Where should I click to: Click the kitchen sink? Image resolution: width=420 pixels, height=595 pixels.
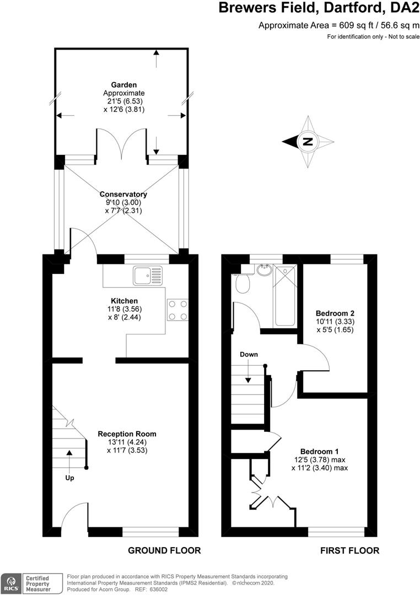[x=147, y=275]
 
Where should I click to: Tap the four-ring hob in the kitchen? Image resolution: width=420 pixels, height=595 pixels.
[x=177, y=310]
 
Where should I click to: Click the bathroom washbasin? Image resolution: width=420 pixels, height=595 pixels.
[x=264, y=270]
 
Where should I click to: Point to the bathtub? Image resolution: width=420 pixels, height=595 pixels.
[x=285, y=296]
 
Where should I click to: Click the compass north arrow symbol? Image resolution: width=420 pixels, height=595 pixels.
[x=308, y=142]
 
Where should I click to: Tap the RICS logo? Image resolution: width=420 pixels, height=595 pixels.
[x=10, y=583]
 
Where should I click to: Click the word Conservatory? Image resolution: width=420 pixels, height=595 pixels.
[x=123, y=194]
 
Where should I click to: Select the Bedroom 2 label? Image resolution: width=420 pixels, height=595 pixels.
[x=335, y=313]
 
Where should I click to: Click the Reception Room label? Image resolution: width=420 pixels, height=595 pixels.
[x=127, y=434]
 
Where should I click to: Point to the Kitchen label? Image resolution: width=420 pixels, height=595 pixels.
[x=124, y=301]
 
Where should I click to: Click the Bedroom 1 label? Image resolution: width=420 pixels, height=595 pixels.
[x=319, y=452]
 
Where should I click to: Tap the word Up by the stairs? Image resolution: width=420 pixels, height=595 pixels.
[x=69, y=478]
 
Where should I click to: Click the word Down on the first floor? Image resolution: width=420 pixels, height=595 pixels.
[x=249, y=354]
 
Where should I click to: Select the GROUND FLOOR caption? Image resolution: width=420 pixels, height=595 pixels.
[x=164, y=550]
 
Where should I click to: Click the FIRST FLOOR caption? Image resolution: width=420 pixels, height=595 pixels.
[x=350, y=550]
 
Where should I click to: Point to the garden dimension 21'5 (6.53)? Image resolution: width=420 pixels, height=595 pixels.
[x=124, y=101]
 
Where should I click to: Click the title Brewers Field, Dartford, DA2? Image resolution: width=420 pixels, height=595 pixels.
[x=319, y=8]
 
